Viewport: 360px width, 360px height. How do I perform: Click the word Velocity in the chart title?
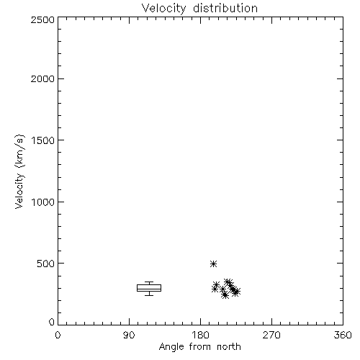(x=164, y=9)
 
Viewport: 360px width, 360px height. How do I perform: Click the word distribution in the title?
(x=225, y=8)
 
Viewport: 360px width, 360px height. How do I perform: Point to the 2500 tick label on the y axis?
(x=42, y=19)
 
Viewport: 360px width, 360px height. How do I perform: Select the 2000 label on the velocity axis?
(x=42, y=78)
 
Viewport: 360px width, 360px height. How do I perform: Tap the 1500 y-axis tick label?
(x=43, y=140)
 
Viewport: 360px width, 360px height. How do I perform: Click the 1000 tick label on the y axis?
(x=43, y=202)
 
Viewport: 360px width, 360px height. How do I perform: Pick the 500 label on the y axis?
(x=46, y=264)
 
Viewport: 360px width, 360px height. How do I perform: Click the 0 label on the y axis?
(x=52, y=322)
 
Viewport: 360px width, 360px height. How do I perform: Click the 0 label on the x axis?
(x=58, y=335)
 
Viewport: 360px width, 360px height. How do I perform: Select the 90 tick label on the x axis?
(x=129, y=335)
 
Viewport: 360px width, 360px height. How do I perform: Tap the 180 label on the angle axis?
(x=200, y=335)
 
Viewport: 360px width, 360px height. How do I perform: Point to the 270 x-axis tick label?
(x=271, y=335)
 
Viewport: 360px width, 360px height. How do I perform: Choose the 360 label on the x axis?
(x=343, y=335)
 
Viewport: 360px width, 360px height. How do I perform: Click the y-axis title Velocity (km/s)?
(x=19, y=171)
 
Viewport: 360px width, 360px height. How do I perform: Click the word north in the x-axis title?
(x=229, y=346)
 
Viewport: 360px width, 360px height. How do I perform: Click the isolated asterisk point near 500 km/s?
(x=213, y=264)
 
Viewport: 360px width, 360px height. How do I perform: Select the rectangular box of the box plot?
(x=149, y=285)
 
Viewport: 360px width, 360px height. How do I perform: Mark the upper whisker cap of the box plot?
(x=149, y=282)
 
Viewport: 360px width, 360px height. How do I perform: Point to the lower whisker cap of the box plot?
(x=149, y=295)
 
